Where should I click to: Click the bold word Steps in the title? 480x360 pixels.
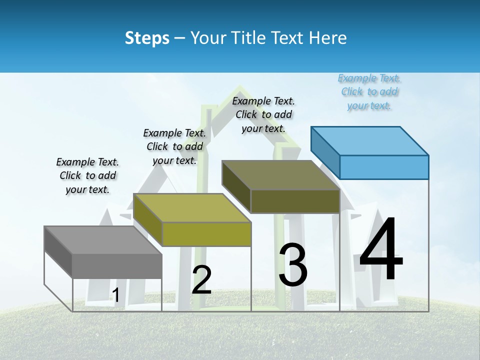(147, 38)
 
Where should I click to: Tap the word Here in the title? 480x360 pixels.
(328, 38)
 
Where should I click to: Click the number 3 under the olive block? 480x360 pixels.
(292, 264)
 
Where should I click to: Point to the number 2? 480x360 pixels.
(201, 280)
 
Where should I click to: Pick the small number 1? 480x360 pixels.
(116, 295)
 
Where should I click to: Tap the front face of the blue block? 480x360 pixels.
(384, 167)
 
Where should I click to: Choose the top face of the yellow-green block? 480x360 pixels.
(192, 207)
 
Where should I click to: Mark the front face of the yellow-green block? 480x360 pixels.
(206, 234)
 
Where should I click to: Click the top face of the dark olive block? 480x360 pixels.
(281, 175)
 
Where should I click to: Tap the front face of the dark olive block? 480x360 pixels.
(295, 201)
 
